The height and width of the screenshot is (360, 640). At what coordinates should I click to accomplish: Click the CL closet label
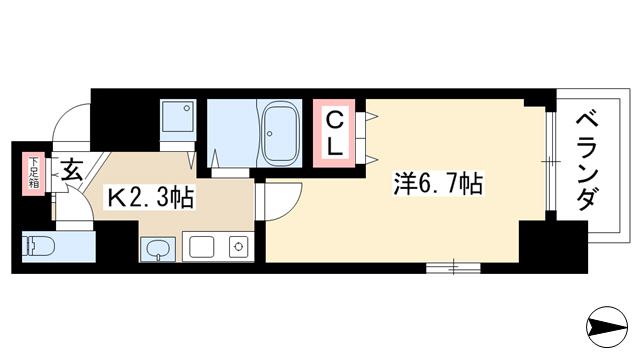(334, 134)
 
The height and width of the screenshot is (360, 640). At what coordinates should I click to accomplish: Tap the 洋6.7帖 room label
(438, 184)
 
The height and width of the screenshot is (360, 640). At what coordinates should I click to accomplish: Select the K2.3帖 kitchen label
(149, 198)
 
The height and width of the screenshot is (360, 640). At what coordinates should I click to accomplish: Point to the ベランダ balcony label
(588, 162)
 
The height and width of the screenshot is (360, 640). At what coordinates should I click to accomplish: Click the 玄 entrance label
(72, 169)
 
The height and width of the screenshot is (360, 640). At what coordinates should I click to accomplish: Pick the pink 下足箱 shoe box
(33, 173)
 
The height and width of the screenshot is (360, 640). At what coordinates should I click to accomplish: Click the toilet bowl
(39, 247)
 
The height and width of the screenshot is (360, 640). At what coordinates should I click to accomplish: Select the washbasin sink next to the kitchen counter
(158, 248)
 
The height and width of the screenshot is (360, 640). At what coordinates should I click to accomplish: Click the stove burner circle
(239, 247)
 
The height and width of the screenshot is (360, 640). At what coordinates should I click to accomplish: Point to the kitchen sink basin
(201, 247)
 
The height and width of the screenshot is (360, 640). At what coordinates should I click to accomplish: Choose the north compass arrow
(607, 327)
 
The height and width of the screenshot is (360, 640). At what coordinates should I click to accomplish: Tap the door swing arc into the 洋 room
(290, 207)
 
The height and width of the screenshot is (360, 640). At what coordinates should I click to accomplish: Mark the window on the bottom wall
(453, 268)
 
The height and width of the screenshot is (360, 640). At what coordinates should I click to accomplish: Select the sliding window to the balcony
(551, 161)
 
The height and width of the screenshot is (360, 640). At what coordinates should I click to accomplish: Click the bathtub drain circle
(269, 133)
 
